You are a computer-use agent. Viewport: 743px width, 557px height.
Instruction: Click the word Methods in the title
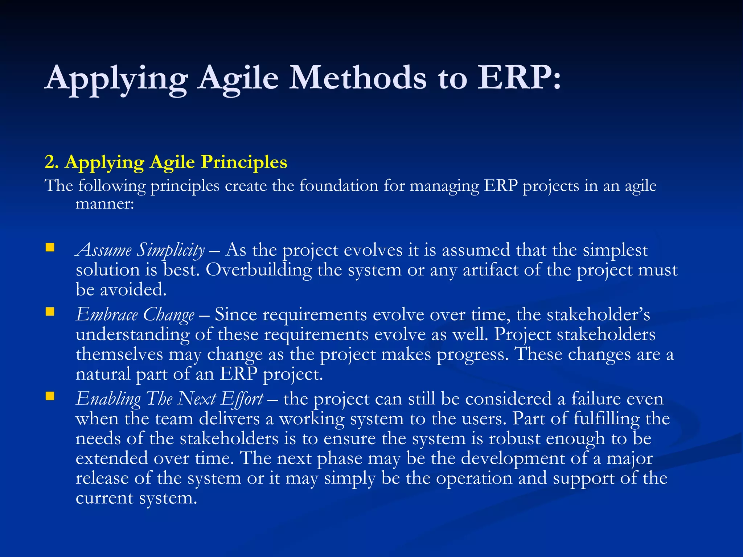[x=357, y=78]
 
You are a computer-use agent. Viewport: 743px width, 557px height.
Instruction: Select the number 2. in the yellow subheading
[x=52, y=162]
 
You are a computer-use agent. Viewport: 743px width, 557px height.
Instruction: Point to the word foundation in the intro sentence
[x=339, y=186]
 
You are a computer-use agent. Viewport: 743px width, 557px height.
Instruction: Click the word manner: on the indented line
[x=105, y=204]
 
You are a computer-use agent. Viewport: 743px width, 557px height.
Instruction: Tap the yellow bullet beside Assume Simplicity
[x=50, y=248]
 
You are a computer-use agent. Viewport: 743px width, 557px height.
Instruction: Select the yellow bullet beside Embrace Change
[x=50, y=312]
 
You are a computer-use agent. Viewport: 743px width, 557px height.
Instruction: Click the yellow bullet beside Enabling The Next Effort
[x=50, y=396]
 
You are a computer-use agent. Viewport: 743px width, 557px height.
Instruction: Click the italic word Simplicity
[x=171, y=251]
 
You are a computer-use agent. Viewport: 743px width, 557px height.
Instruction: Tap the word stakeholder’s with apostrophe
[x=598, y=314]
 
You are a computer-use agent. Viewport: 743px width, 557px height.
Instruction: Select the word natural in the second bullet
[x=103, y=374]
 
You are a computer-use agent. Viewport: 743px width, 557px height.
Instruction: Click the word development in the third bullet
[x=513, y=458]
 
